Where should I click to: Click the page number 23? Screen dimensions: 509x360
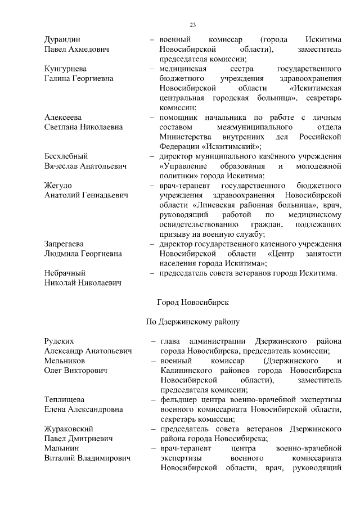point(192,25)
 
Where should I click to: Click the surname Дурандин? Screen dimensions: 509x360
point(62,40)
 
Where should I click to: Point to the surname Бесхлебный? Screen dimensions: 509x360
point(66,156)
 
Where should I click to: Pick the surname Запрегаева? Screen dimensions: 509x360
point(64,244)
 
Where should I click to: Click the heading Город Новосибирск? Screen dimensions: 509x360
point(192,302)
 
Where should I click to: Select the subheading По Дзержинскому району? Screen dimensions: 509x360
point(192,322)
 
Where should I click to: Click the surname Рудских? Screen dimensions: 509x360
point(60,341)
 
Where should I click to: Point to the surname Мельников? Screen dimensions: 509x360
point(64,361)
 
